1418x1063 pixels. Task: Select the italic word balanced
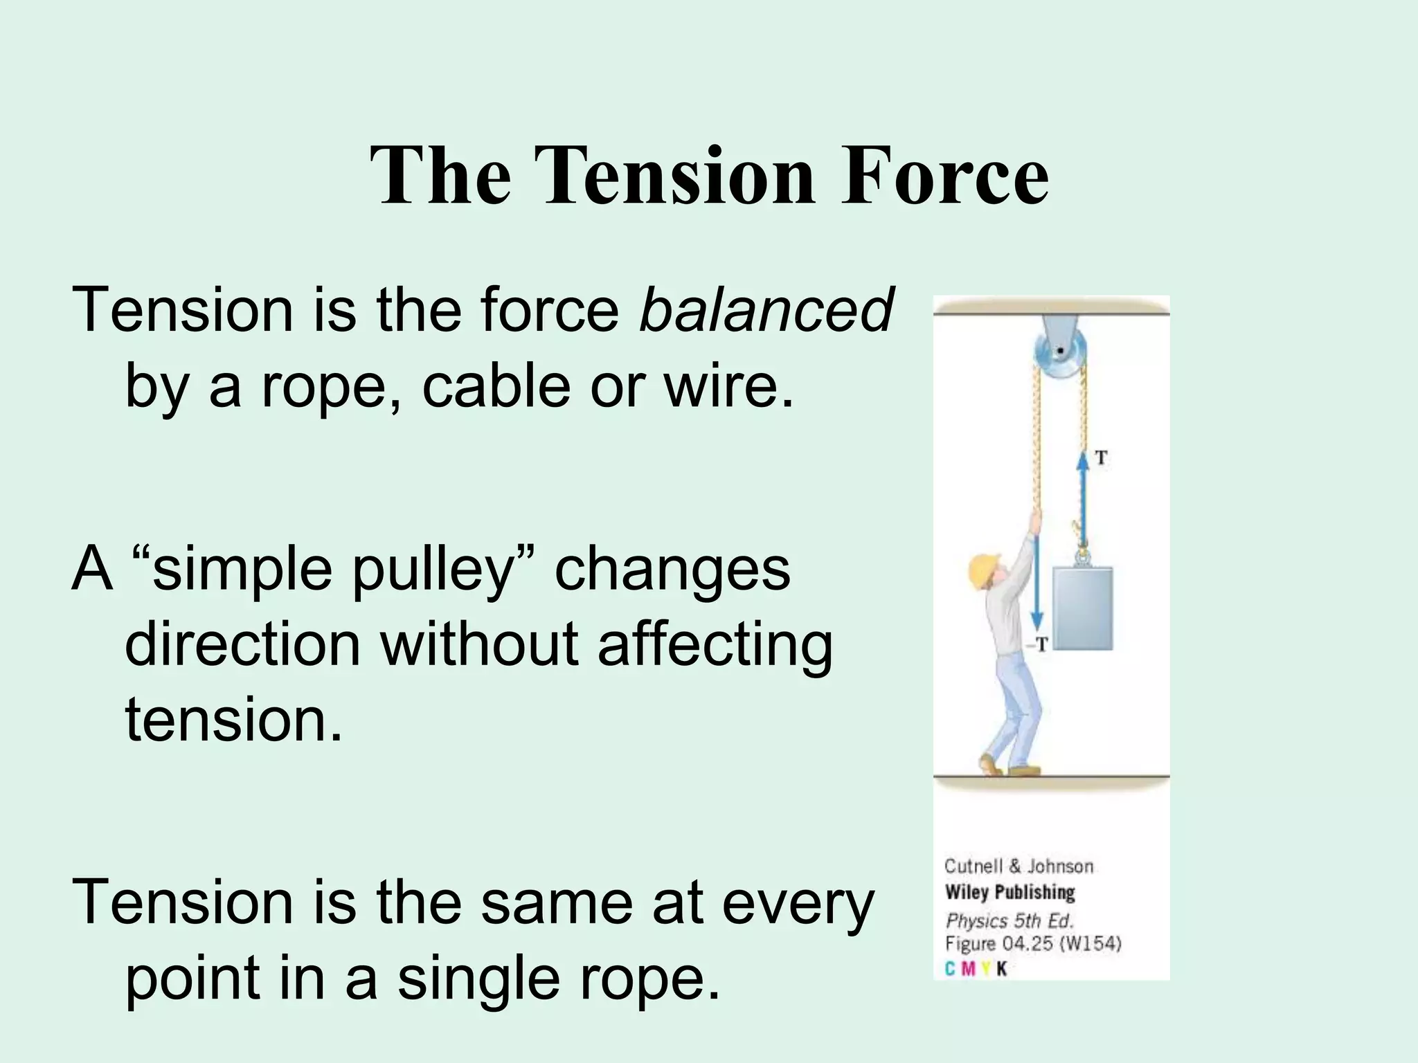tap(766, 309)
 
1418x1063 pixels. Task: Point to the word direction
tap(242, 644)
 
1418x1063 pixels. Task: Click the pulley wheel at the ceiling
tap(1059, 353)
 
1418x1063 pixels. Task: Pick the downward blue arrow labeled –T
tap(1036, 581)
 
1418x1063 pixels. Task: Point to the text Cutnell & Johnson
tap(1018, 866)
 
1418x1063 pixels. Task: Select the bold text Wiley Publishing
tap(1010, 893)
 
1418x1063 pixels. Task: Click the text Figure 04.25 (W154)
tap(1032, 944)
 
